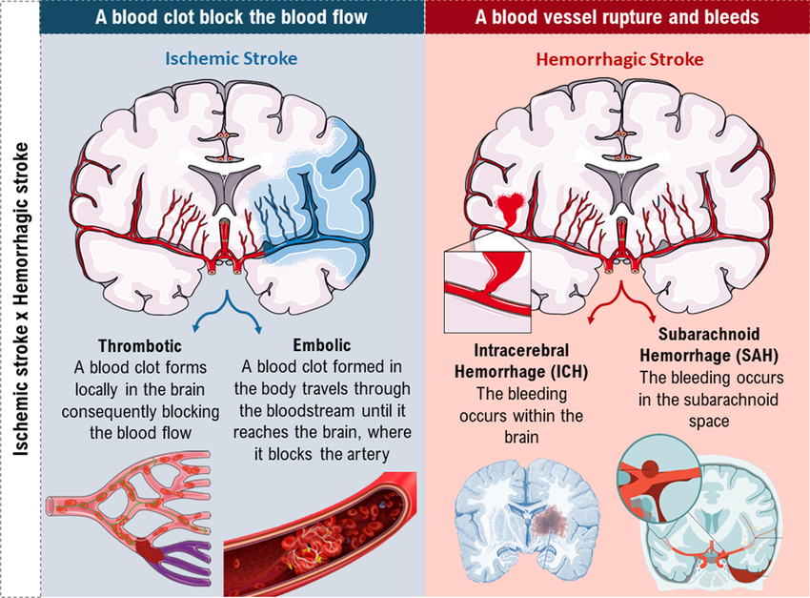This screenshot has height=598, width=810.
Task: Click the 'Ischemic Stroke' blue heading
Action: (x=232, y=58)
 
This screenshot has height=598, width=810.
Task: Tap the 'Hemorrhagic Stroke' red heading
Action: (x=620, y=59)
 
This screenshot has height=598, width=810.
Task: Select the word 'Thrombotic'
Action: (x=139, y=345)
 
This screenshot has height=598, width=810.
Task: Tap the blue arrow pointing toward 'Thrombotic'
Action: (x=200, y=324)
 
